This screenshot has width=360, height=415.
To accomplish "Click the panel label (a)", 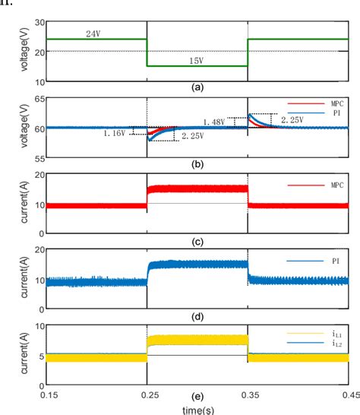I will click(x=197, y=88).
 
